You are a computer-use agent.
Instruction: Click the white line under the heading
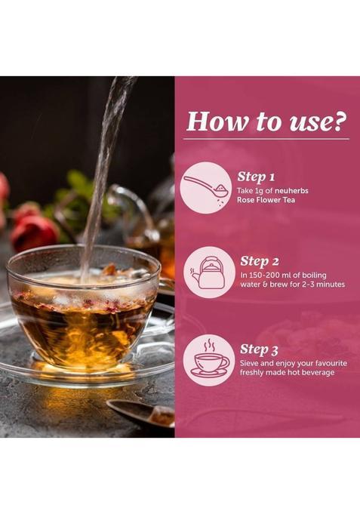266,140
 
